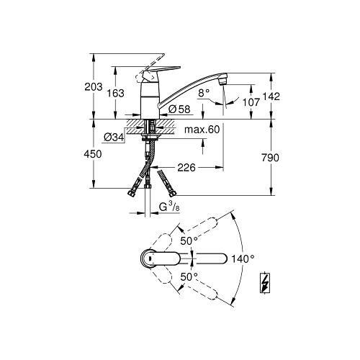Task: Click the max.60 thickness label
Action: coord(202,130)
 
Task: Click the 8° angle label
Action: coord(203,92)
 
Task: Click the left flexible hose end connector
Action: coord(134,192)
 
